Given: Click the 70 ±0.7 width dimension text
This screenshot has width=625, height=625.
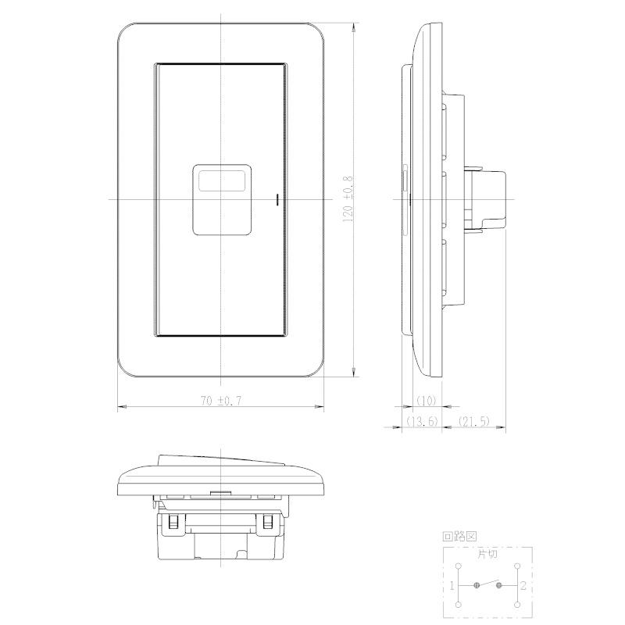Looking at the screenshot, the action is click(221, 400).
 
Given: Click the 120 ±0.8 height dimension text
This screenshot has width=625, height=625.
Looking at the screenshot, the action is click(348, 199).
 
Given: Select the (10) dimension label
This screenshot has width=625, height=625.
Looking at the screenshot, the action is click(426, 401).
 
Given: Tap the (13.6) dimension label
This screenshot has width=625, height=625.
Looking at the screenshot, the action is click(422, 421).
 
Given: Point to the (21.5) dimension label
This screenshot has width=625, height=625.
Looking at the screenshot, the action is click(474, 421).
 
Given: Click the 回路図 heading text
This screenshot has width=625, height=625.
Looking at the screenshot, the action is click(459, 536).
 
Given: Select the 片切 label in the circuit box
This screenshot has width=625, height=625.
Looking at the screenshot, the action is click(487, 554).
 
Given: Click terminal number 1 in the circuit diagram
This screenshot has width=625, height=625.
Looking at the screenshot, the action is click(452, 585).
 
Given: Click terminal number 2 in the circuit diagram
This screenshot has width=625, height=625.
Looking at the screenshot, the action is click(523, 585).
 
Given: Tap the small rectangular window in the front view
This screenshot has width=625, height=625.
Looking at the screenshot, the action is click(222, 180).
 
